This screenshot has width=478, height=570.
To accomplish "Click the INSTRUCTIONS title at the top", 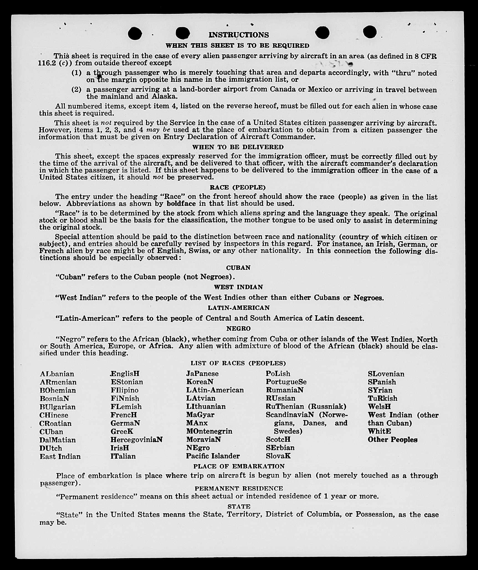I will tap(239, 35).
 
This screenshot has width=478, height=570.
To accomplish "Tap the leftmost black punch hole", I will tap(135, 33).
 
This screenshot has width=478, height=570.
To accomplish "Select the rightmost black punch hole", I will tap(370, 32).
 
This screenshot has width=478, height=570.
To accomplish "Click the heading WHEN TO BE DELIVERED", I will tap(238, 147).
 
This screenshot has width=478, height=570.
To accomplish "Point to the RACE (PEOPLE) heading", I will tap(238, 187).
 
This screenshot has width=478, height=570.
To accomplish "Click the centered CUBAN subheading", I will tap(238, 268).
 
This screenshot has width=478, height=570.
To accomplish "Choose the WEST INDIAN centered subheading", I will tap(238, 287).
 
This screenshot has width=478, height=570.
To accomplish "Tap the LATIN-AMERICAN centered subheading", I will tap(239, 308).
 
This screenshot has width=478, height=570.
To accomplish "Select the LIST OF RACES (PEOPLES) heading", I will tap(238, 363).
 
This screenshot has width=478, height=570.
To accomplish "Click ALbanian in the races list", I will tap(57, 374).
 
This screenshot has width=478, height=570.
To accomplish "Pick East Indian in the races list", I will tap(60, 457).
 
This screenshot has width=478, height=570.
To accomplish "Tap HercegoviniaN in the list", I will tap(136, 440).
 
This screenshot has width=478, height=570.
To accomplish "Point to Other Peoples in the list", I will tap(392, 440).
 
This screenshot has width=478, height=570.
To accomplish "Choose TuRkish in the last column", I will tap(382, 398).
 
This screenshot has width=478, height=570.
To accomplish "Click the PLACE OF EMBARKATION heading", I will tap(239, 466).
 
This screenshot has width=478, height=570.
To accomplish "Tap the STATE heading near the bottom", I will tap(239, 507).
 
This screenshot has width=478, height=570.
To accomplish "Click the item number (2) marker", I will tap(76, 89).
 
